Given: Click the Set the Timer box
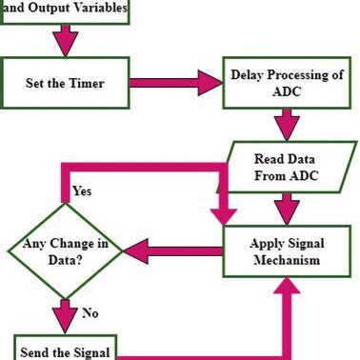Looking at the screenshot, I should point(64,83).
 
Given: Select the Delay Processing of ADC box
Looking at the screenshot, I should point(284,83).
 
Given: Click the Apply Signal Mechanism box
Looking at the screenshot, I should point(285,250).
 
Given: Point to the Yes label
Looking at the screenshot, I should point(82,191).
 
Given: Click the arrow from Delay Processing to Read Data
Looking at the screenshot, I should point(284,124).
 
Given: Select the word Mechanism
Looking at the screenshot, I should point(285,258).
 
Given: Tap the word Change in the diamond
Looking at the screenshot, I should point(78,243).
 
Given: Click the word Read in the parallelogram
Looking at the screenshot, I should point(270,158).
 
